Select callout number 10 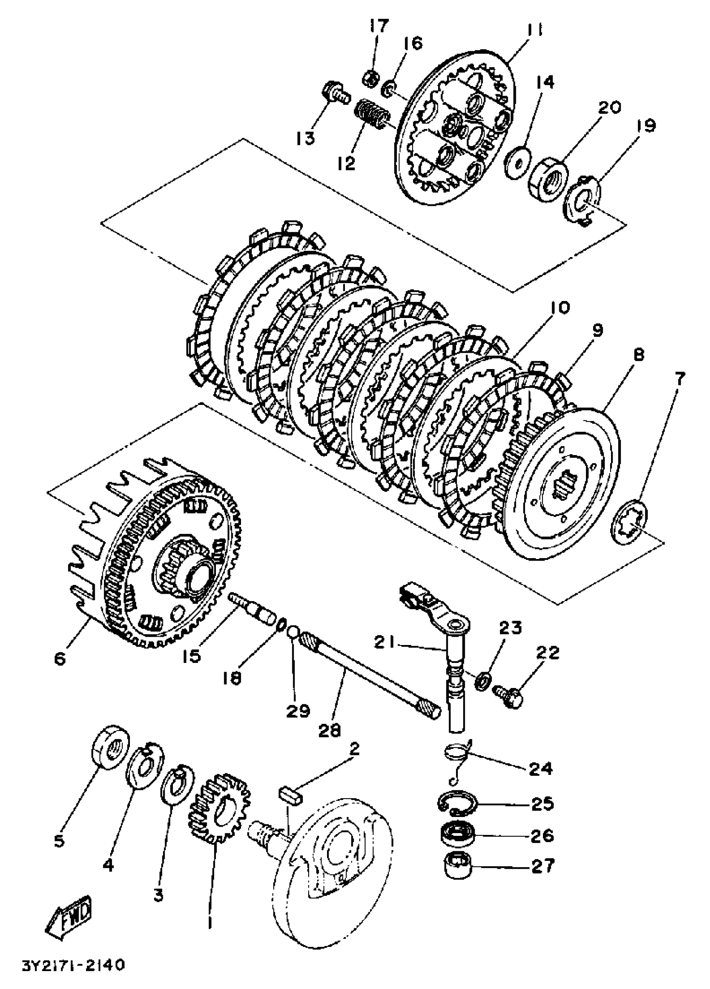[560, 307]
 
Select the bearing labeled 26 [456, 833]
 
